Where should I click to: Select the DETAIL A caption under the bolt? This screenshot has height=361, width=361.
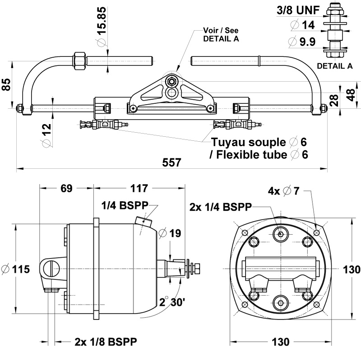click(x=334, y=66)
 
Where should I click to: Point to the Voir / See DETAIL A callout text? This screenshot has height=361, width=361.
click(x=221, y=35)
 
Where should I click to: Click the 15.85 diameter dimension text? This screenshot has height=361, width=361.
click(x=102, y=21)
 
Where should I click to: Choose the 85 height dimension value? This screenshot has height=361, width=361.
click(x=6, y=85)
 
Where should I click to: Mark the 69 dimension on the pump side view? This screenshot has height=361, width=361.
click(x=67, y=189)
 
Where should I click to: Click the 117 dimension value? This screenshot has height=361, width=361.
click(x=139, y=189)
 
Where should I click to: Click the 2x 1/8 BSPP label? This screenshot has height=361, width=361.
click(x=106, y=341)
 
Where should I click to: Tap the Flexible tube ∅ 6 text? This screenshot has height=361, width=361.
click(x=259, y=154)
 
